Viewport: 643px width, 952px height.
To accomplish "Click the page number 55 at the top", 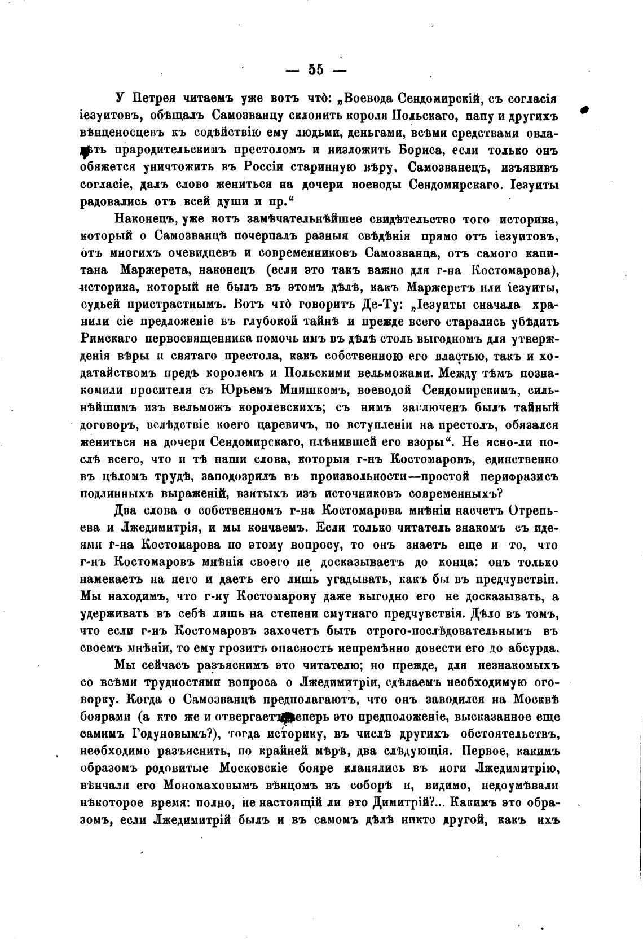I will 316,70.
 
